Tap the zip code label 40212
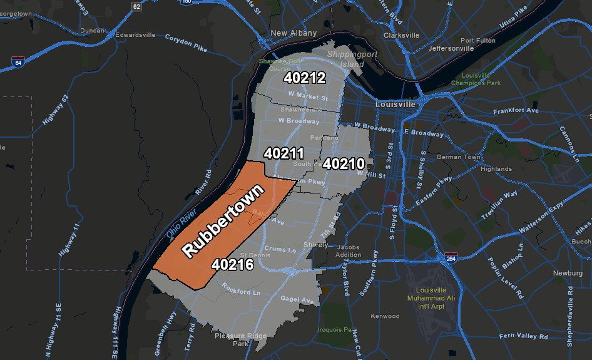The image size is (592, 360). point(305,78)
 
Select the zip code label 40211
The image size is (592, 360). point(283,153)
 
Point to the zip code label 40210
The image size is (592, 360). point(344,164)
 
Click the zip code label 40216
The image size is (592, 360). point(232,265)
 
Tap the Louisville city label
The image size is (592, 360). point(396,104)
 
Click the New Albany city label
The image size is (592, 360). point(293,33)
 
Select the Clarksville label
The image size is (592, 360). point(401,35)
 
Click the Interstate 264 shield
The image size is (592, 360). point(451,257)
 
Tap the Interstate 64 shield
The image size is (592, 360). point(18,62)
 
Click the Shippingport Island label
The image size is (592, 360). point(346,59)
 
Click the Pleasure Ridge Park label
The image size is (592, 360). point(241,340)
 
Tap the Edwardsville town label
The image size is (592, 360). point(135,35)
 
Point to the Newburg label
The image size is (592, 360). point(568,273)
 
